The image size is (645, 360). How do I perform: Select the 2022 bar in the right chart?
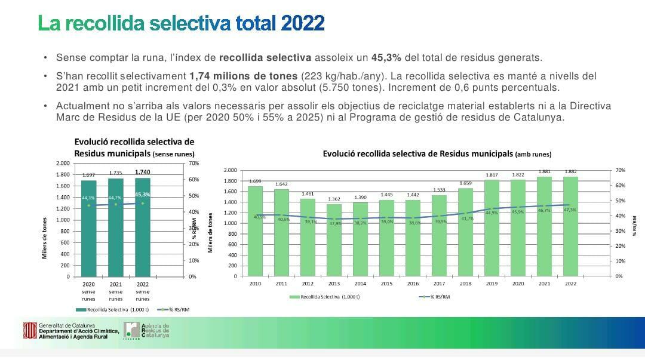(x=570, y=227)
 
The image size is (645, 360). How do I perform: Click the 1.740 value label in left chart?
(x=142, y=172)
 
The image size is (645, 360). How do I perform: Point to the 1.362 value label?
(x=334, y=199)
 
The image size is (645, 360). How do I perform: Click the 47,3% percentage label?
(x=570, y=210)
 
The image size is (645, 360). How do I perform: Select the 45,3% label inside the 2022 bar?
(x=142, y=195)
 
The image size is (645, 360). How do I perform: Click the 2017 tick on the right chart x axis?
(x=439, y=284)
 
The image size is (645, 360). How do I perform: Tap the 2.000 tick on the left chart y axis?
(x=62, y=163)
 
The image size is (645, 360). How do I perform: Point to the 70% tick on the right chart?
(x=620, y=170)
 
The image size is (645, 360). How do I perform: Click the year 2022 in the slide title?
(x=302, y=23)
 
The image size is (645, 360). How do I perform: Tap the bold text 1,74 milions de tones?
(x=243, y=76)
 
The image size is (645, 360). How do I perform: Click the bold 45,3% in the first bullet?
(x=386, y=58)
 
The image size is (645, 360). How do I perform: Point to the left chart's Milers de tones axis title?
(x=45, y=238)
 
